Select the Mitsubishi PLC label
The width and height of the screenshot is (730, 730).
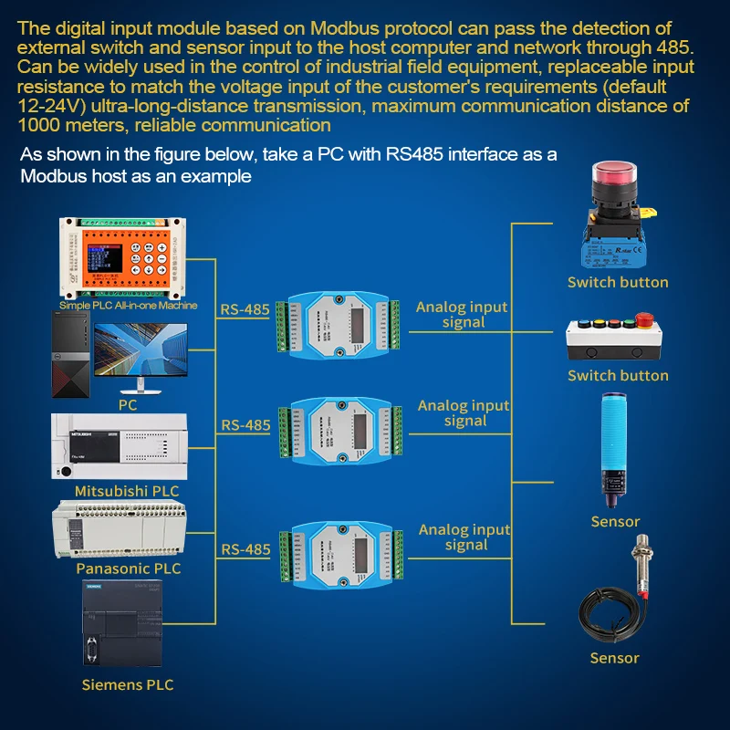pyautogui.click(x=127, y=491)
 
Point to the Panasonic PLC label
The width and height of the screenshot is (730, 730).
pyautogui.click(x=128, y=568)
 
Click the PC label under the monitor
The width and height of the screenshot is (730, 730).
pyautogui.click(x=128, y=404)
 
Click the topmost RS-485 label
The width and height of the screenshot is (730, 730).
pyautogui.click(x=245, y=309)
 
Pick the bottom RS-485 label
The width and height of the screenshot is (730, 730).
pyautogui.click(x=245, y=549)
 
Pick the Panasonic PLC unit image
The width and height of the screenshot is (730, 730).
pyautogui.click(x=123, y=531)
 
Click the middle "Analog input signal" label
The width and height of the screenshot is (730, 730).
pyautogui.click(x=464, y=413)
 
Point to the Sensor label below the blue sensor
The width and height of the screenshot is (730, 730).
pyautogui.click(x=615, y=522)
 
